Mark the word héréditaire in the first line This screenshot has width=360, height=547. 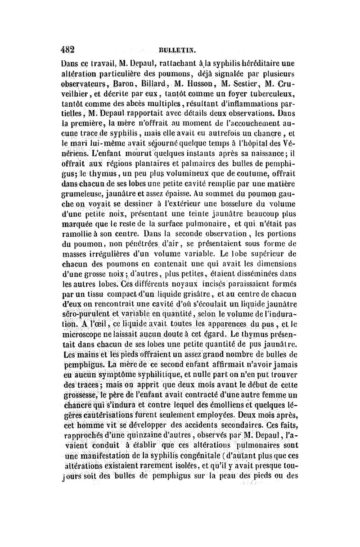click(254, 63)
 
